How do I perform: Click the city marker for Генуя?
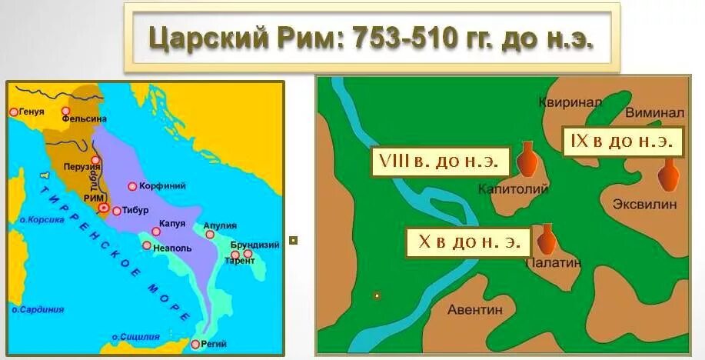click(13, 112)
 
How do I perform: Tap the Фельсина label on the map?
click(84, 118)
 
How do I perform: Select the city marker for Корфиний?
click(133, 186)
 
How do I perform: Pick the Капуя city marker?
click(155, 232)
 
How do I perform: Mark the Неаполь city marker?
click(147, 245)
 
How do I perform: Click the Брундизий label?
click(254, 245)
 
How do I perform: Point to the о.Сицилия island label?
click(135, 337)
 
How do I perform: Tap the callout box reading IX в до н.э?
click(622, 141)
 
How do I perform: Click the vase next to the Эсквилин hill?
click(668, 175)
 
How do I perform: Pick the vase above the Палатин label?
click(547, 238)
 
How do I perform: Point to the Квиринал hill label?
click(570, 104)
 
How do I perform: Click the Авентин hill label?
click(475, 310)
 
